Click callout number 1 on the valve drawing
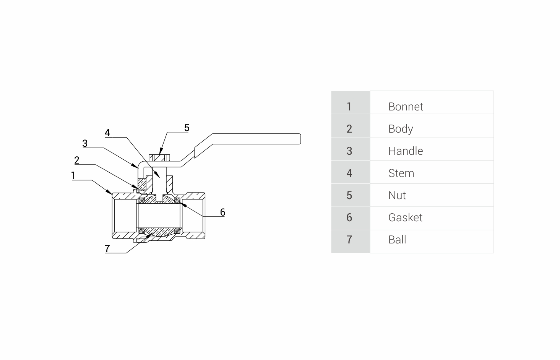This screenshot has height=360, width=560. click(x=73, y=176)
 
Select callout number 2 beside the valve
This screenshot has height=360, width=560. click(x=77, y=160)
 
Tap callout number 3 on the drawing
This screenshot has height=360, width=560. click(x=85, y=143)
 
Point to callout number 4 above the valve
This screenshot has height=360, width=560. click(x=107, y=133)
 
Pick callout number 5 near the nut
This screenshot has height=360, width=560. click(x=187, y=128)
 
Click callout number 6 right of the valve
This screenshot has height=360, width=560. click(x=222, y=212)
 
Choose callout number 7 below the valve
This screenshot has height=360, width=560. click(x=107, y=248)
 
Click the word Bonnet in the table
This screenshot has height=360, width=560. click(x=406, y=107)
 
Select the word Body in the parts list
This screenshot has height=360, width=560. click(x=401, y=129)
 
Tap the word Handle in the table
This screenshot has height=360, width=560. click(x=406, y=151)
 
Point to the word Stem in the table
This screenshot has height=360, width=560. click(x=401, y=173)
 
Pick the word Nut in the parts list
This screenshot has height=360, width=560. click(x=397, y=195)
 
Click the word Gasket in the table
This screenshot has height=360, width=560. click(x=405, y=217)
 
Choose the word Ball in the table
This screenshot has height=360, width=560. click(x=397, y=240)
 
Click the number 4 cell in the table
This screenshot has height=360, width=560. click(x=349, y=173)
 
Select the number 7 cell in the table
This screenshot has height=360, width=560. click(x=349, y=240)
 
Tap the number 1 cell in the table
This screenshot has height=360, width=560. click(x=349, y=107)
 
